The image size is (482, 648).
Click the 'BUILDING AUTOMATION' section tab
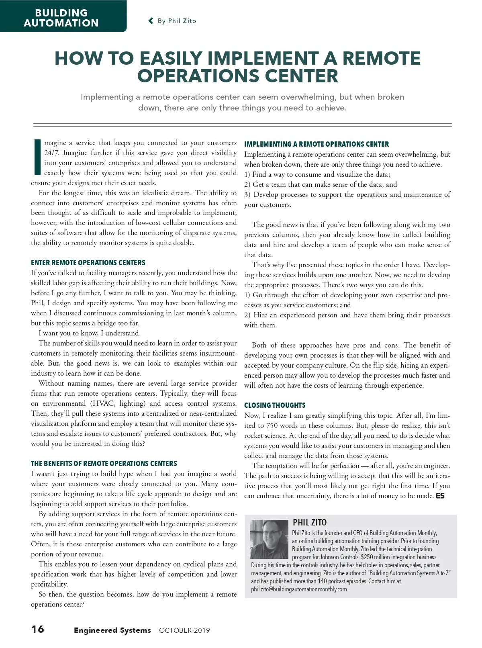[61, 18]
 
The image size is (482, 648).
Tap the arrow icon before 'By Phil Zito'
[151, 21]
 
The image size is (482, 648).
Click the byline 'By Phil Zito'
[177, 21]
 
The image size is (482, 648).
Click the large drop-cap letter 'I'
[37, 157]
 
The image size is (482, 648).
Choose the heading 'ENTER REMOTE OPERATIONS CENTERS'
[88, 263]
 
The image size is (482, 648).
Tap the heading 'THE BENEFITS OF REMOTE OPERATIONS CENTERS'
[104, 464]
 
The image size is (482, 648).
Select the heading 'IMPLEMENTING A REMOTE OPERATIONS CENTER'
[316, 144]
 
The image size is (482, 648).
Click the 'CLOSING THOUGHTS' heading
[275, 405]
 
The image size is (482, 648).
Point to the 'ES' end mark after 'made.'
[440, 496]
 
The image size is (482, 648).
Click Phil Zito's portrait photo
[269, 539]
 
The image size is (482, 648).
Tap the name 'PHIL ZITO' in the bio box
[309, 523]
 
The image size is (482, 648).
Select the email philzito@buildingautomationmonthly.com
[299, 589]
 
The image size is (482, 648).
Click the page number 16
[38, 629]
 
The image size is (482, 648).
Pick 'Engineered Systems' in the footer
[112, 630]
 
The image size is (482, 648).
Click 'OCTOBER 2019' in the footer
[184, 630]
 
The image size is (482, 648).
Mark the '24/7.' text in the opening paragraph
[51, 153]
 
